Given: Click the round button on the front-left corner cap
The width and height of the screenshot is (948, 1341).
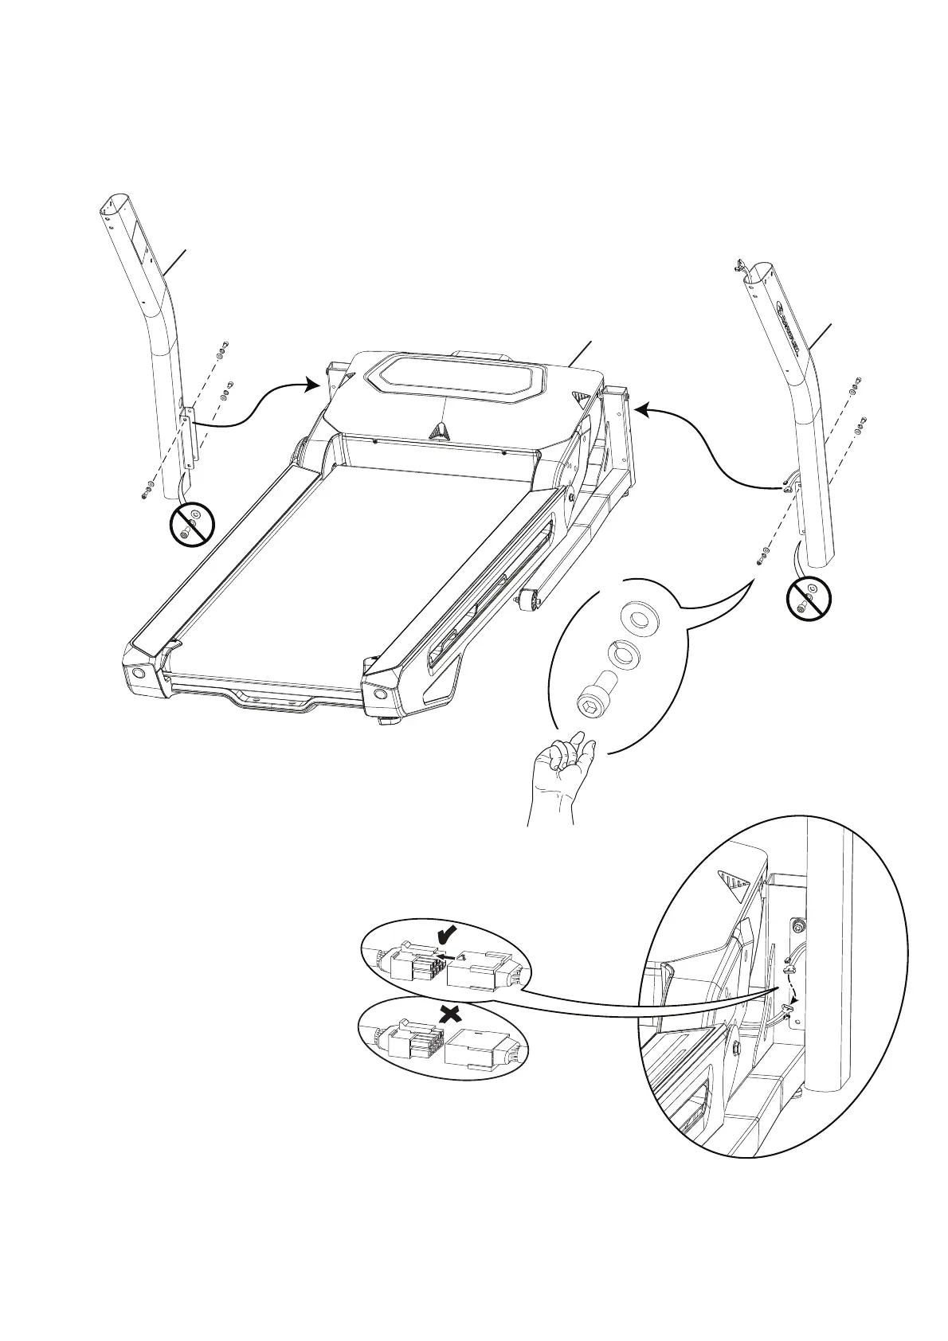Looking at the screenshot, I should tap(140, 673).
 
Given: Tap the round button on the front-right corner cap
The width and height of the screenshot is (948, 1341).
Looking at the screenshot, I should tap(380, 695).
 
